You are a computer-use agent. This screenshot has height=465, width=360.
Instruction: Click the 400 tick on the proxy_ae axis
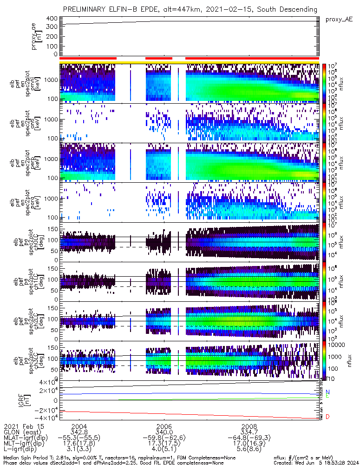click(52, 19)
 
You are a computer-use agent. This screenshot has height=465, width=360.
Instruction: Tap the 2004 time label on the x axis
click(79, 426)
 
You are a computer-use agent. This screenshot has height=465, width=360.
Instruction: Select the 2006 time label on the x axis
click(164, 426)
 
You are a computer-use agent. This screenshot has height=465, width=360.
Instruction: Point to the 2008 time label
click(250, 426)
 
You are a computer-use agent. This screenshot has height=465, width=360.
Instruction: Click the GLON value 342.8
click(79, 432)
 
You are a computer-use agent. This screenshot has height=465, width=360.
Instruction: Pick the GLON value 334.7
click(250, 432)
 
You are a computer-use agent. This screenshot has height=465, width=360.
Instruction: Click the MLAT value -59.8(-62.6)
click(164, 438)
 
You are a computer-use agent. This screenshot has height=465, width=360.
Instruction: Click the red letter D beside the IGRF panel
click(328, 417)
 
